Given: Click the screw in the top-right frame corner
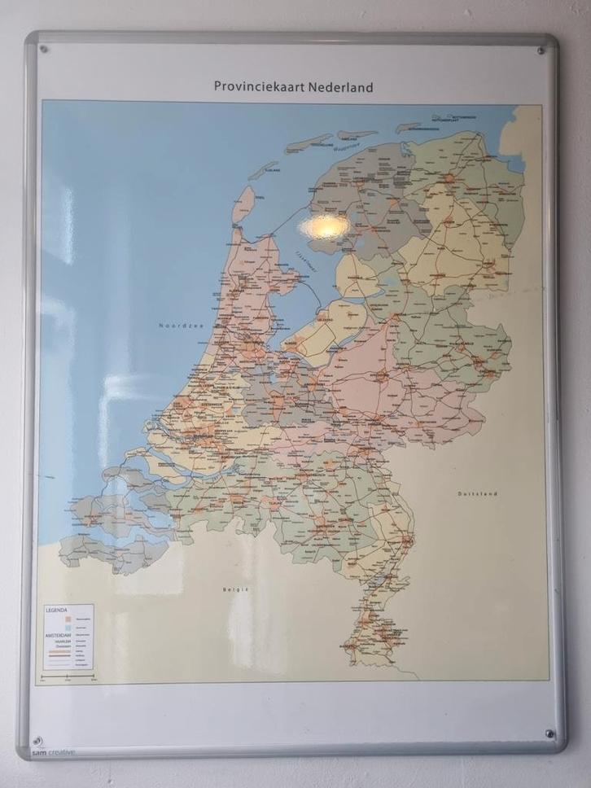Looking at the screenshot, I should (x=541, y=51).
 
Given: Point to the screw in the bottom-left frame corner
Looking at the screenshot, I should (x=37, y=742).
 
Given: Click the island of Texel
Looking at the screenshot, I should (x=242, y=205).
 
